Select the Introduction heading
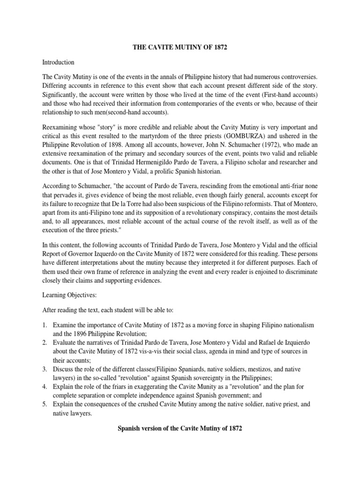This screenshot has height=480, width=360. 58,62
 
